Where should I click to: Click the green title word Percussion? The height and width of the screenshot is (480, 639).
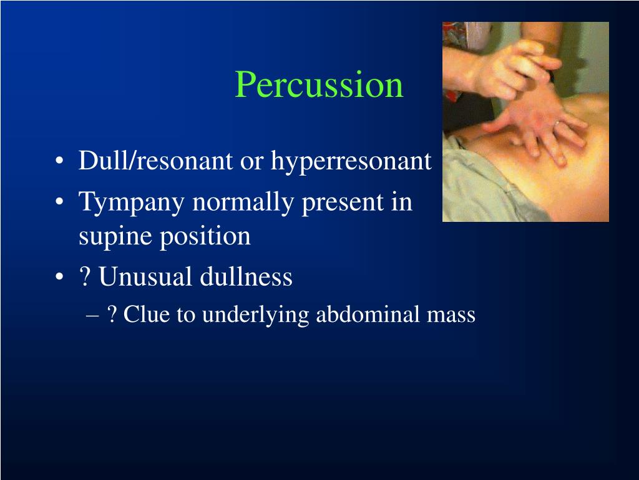[319, 85]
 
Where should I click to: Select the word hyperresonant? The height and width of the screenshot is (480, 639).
[351, 161]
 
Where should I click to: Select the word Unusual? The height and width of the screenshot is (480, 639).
[145, 277]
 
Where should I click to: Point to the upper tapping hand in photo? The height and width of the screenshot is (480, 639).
[512, 62]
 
